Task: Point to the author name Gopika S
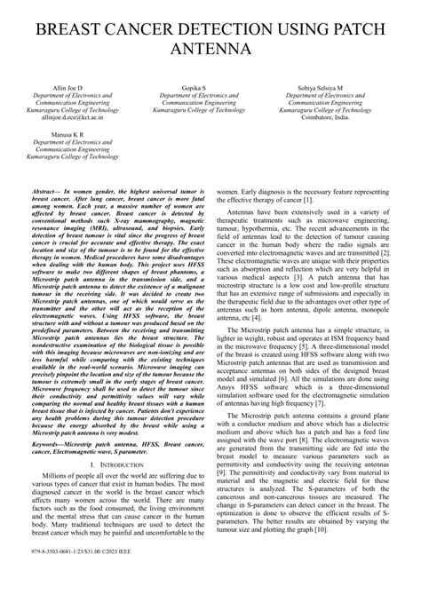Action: pos(210,90)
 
